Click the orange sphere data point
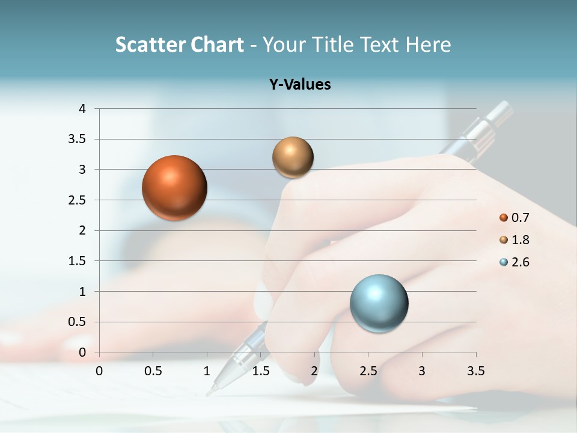click(174, 188)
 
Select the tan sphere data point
click(293, 158)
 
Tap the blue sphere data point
click(379, 303)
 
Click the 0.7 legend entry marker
click(504, 218)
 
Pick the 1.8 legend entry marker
click(504, 240)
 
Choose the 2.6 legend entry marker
click(504, 262)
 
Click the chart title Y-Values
click(300, 85)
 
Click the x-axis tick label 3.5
click(475, 371)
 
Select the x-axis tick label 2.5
click(368, 371)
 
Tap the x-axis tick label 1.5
click(260, 371)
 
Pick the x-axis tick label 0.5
click(153, 371)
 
